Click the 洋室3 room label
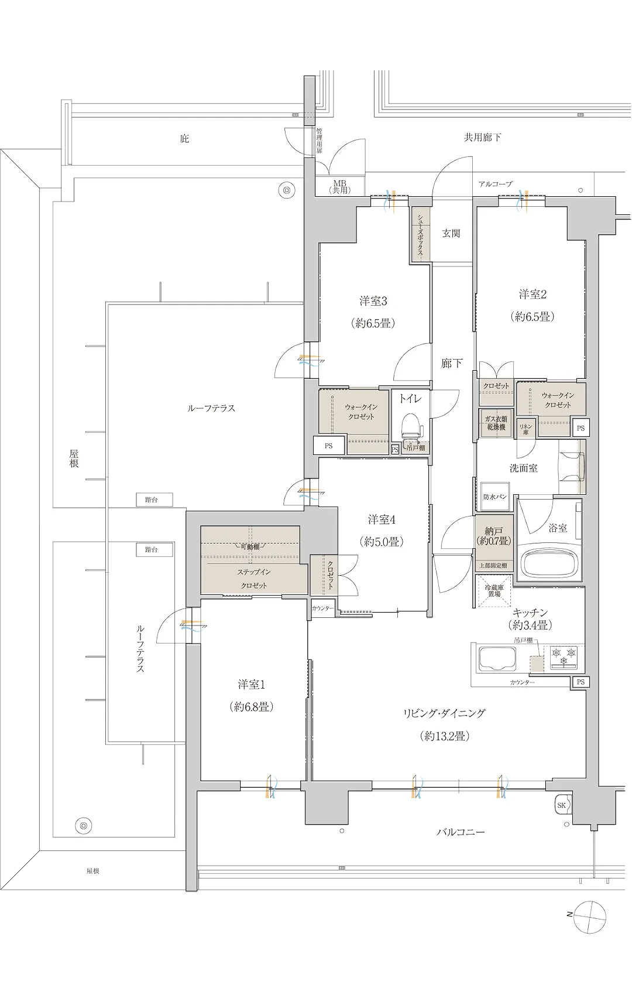[373, 302]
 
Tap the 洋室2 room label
[533, 295]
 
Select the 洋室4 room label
[382, 519]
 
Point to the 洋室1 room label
[252, 684]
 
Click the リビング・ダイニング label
[444, 713]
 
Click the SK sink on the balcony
[562, 805]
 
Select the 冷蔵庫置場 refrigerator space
[495, 590]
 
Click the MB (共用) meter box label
[339, 187]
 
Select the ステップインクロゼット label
[254, 579]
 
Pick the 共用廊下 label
[483, 138]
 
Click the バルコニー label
[461, 832]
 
